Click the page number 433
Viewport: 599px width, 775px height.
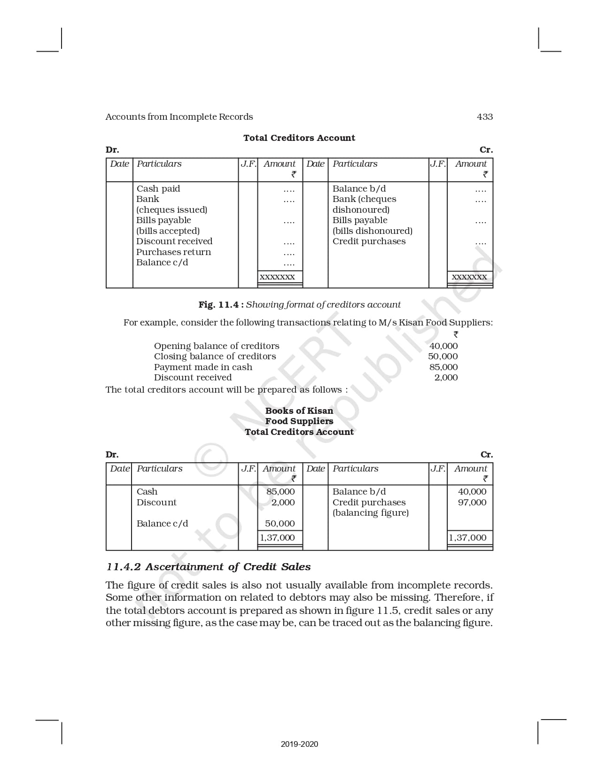pos(484,117)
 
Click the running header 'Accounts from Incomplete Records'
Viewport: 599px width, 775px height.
pos(179,117)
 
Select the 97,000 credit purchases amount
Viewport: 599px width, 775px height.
pos(472,503)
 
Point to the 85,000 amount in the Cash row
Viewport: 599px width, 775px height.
pos(280,492)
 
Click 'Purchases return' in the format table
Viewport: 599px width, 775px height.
pos(173,252)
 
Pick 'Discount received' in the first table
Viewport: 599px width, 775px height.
pos(174,241)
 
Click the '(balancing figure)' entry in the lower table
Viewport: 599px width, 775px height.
pos(371,513)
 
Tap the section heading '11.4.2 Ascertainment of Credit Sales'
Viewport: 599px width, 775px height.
pos(209,567)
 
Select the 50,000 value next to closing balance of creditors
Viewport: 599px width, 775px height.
pos(443,356)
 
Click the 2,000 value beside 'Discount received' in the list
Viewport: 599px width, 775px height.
pos(446,378)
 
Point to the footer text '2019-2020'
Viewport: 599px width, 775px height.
pos(299,744)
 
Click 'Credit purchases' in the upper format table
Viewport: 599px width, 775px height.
pos(369,241)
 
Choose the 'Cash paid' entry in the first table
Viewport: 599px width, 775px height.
pos(158,189)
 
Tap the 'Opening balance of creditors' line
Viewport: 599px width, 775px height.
pos(217,346)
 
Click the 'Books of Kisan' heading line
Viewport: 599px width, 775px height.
pos(299,411)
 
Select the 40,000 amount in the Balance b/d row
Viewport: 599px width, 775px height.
pos(472,492)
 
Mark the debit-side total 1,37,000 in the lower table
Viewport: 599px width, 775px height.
pos(278,538)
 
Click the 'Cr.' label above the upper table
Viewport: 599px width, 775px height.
pos(486,150)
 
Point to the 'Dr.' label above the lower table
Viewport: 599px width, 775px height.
pos(112,455)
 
